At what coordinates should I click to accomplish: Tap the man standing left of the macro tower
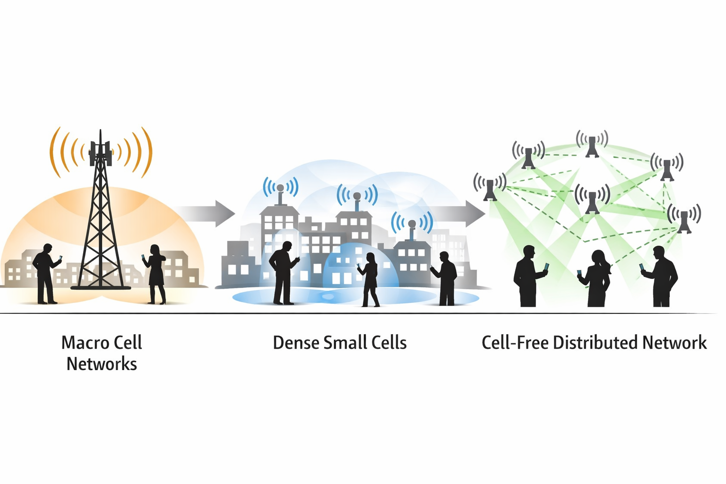click(x=46, y=274)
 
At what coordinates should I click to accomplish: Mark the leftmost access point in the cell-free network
click(x=490, y=188)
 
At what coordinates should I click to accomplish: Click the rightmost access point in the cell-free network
click(x=684, y=221)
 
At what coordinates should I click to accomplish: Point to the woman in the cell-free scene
click(x=597, y=279)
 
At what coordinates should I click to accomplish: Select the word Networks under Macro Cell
click(x=102, y=364)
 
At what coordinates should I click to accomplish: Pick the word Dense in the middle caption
click(x=296, y=343)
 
